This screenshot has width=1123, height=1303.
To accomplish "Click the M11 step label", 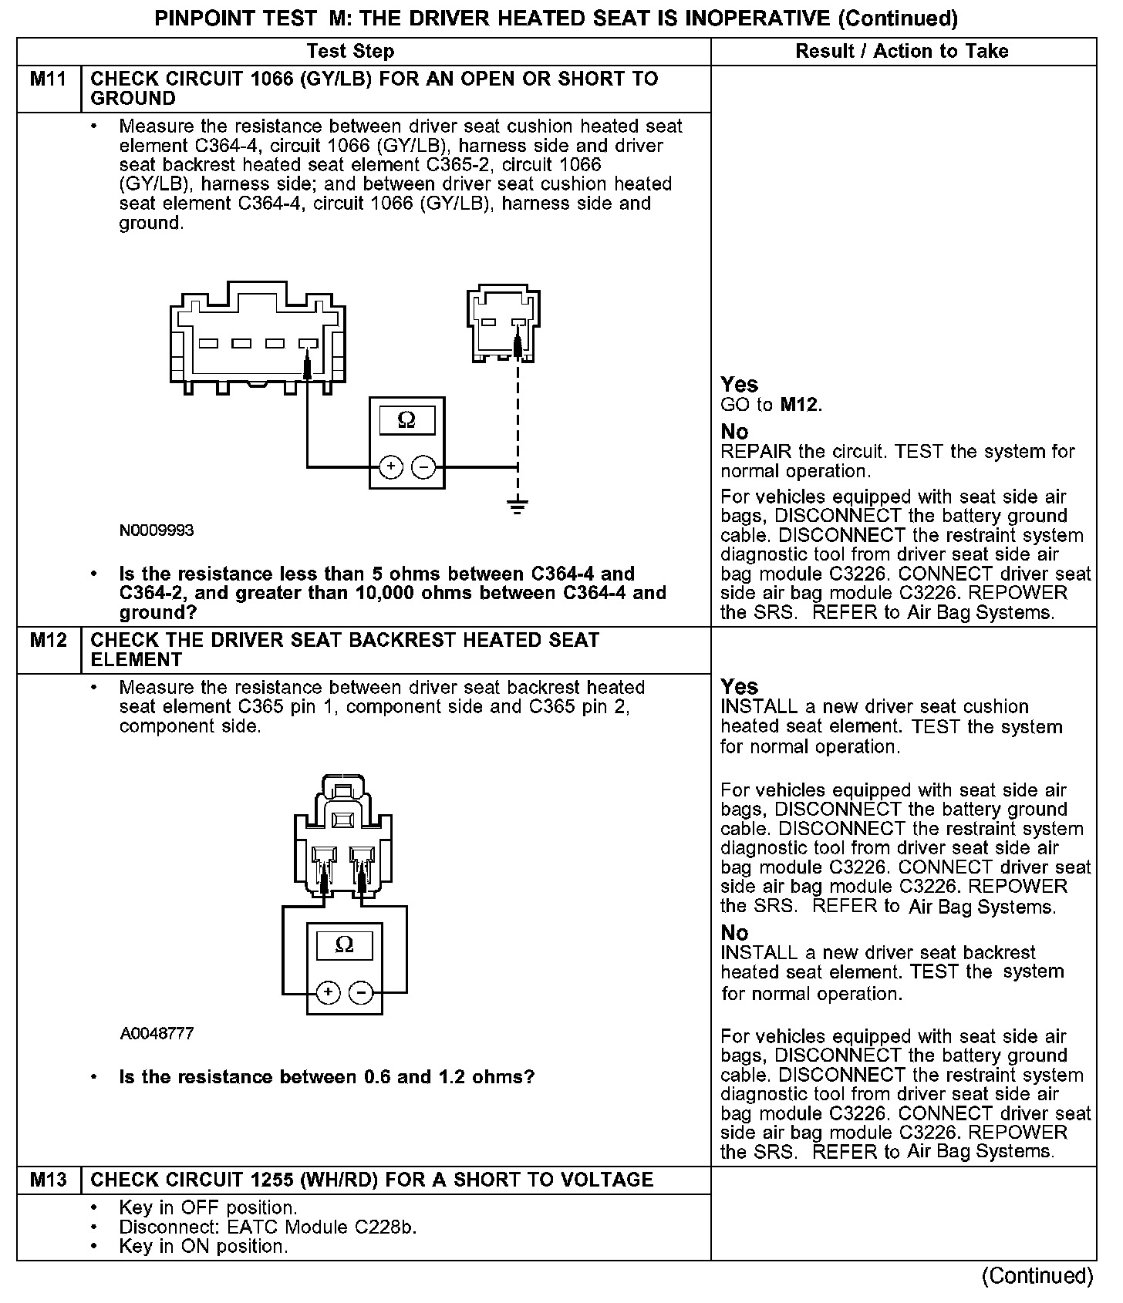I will [x=49, y=79].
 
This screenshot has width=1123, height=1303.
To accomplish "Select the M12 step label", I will [x=49, y=641].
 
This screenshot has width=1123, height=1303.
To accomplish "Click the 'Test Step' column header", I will [x=350, y=52].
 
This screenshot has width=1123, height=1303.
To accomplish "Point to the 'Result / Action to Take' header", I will [x=902, y=52].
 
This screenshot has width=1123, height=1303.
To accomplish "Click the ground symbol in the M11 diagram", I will [x=518, y=507].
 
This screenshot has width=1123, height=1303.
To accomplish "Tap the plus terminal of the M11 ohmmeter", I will [x=391, y=466].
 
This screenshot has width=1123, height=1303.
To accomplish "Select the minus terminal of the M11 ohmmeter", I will [x=423, y=466].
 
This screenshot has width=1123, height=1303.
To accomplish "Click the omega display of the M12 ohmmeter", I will [x=345, y=945].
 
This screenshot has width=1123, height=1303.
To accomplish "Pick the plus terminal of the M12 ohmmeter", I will [x=329, y=992].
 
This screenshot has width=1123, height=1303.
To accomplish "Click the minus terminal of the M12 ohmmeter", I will [x=361, y=992].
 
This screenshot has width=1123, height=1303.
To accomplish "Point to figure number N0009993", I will [x=157, y=530].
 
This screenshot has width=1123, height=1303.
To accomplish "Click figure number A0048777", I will [x=157, y=1033].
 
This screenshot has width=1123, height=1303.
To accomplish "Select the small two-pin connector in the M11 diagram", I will [x=503, y=324].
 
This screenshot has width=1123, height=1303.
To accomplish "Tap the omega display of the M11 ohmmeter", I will [x=406, y=420].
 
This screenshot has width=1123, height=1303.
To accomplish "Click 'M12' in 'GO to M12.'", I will [x=800, y=405].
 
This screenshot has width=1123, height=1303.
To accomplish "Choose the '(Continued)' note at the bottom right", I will [x=1037, y=1276].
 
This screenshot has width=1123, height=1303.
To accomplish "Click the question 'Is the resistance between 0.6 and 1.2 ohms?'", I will [x=326, y=1077].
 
